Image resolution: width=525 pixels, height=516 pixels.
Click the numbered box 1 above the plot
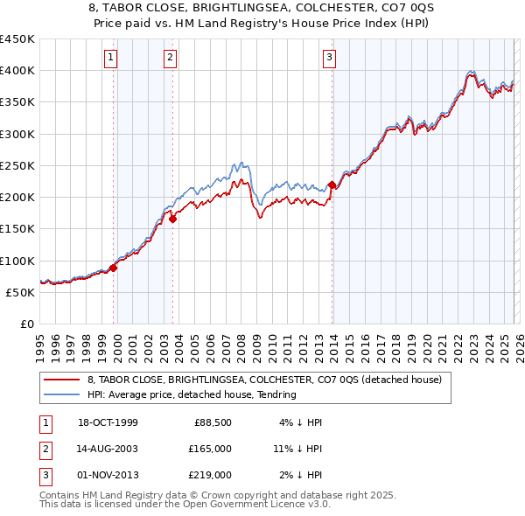(x=111, y=59)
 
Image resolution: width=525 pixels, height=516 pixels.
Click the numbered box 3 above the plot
(x=329, y=59)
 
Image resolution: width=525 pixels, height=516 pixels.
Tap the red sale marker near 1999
(x=114, y=268)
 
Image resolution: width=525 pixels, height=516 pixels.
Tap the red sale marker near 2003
(x=172, y=220)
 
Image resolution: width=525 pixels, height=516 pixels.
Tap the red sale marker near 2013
(x=332, y=185)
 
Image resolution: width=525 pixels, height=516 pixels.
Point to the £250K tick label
(x=17, y=165)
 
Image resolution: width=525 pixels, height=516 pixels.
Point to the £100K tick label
(x=17, y=261)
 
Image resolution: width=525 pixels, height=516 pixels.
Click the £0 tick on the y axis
(x=26, y=324)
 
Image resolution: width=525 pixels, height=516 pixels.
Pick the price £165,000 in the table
(x=211, y=449)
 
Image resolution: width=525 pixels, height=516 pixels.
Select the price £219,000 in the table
(x=211, y=475)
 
